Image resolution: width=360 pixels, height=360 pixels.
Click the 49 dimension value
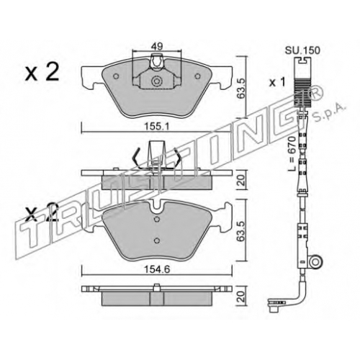coord(157,46)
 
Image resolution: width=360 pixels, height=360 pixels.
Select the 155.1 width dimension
coord(156,126)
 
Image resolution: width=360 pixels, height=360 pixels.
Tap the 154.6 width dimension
coord(157,269)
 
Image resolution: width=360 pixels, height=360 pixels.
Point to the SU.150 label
coord(302,50)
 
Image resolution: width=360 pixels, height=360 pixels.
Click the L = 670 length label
coord(292,153)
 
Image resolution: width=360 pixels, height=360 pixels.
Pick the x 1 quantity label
coord(277,83)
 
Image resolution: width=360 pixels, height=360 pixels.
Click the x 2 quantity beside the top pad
coord(42,72)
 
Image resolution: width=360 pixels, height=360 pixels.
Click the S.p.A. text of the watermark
coord(330,112)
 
